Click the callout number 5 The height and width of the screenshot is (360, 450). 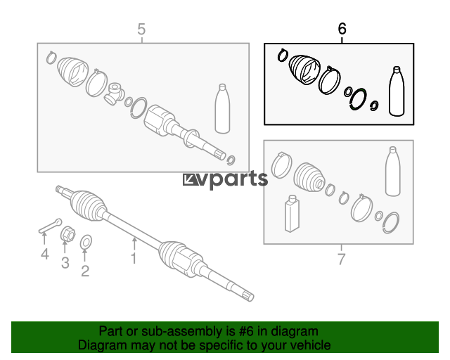[x=141, y=30]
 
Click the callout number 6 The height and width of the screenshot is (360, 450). [x=342, y=29]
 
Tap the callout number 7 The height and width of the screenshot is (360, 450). [x=341, y=259]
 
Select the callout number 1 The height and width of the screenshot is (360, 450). [x=134, y=258]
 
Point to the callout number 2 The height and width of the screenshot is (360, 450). [x=85, y=271]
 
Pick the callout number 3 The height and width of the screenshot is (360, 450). [x=65, y=263]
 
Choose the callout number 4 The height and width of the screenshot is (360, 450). [x=44, y=254]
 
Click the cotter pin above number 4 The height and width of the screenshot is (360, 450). [x=50, y=226]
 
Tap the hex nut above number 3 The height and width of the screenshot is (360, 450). [x=67, y=233]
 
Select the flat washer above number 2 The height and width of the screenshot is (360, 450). [x=86, y=242]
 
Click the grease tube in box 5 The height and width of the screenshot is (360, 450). [x=222, y=108]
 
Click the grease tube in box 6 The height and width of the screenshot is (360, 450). [x=397, y=91]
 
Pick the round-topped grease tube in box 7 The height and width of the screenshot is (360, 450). [x=392, y=172]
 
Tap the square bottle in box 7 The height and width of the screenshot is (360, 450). [x=292, y=214]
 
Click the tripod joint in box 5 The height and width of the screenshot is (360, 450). [x=114, y=94]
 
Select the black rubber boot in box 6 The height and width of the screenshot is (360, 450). [x=304, y=70]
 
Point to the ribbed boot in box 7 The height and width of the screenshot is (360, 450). [x=309, y=177]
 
